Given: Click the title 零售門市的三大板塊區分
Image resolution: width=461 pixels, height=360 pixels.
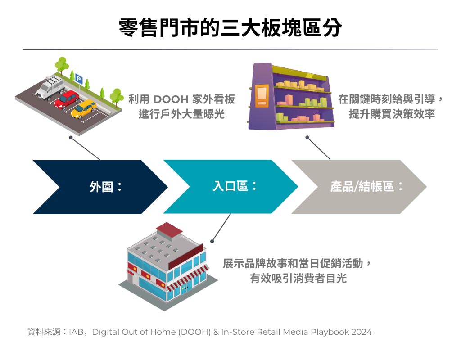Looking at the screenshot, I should [230, 27].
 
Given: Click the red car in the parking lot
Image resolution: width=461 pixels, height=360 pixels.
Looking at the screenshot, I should [67, 100].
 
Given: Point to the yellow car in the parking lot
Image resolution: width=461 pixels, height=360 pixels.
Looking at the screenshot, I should [84, 109].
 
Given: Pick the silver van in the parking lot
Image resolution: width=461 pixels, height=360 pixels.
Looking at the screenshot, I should [50, 87].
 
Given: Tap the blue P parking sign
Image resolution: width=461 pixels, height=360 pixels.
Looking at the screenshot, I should [79, 78].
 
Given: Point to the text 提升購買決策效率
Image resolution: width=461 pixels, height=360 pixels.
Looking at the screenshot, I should [392, 114].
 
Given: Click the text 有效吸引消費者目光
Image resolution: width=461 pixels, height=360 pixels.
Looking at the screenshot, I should [298, 279].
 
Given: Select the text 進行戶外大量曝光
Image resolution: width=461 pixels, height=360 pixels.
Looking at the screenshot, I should [181, 114].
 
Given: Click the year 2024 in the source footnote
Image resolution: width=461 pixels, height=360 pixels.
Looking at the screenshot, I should [362, 332].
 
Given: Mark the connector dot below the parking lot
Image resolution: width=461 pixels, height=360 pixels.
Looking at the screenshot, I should [70, 137].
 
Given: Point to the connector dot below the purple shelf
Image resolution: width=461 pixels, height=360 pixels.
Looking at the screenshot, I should [307, 137].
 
